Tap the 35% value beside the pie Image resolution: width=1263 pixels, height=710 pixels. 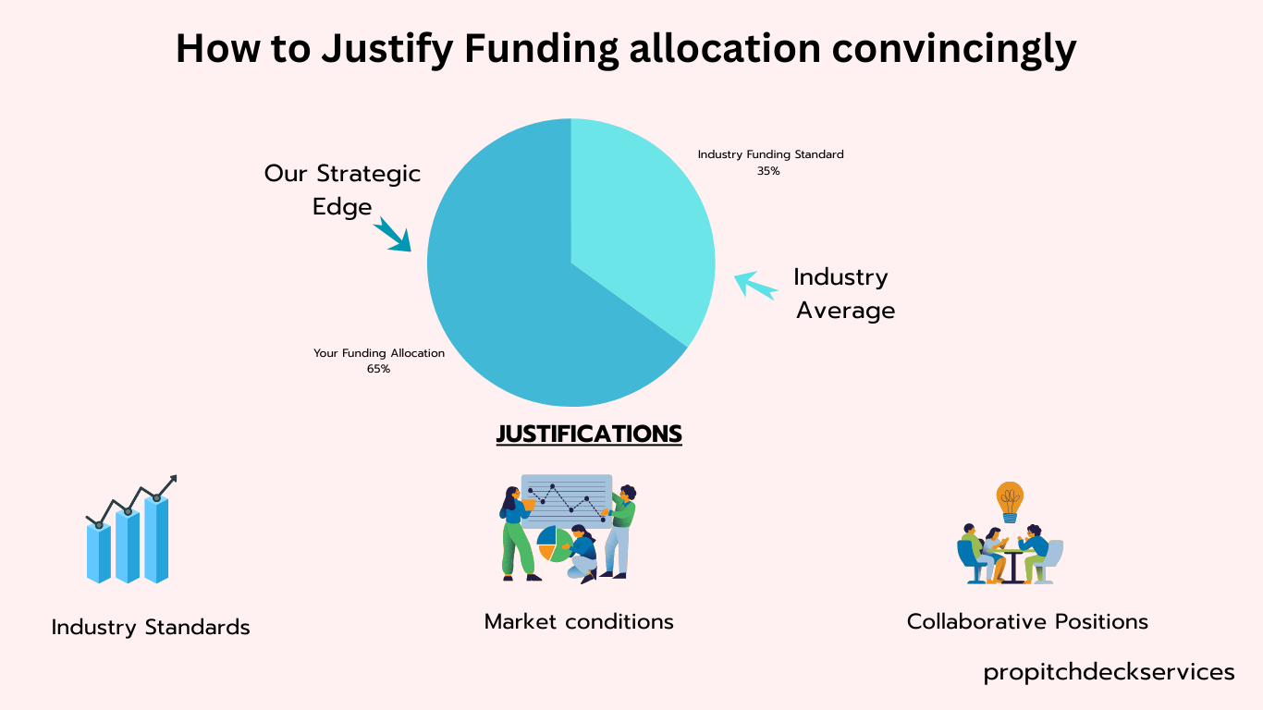(x=768, y=171)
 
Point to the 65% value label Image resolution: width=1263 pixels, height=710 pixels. (x=378, y=369)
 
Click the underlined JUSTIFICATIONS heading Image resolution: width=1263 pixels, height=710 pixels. (x=589, y=434)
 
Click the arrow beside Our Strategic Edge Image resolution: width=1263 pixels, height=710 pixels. (x=392, y=234)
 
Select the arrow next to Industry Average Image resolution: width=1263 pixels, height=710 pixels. (x=755, y=284)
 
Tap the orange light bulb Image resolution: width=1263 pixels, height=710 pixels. (x=1010, y=502)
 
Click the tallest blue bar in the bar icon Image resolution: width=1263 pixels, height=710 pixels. (x=156, y=539)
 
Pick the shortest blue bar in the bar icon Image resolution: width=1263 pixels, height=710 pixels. (x=99, y=553)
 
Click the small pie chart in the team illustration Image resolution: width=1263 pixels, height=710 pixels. (x=554, y=545)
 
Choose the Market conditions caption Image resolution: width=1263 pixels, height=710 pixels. (x=579, y=621)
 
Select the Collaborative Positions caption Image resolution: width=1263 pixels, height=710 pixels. (x=1027, y=621)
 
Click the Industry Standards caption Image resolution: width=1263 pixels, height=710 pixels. (x=151, y=627)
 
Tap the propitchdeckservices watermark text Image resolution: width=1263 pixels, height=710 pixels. (x=1110, y=672)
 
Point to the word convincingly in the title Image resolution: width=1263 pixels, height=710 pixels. (x=954, y=49)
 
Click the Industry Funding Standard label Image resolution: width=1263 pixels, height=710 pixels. (x=771, y=154)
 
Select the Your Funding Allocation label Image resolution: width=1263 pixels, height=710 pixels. (x=379, y=353)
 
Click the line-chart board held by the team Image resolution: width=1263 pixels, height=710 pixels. (x=567, y=501)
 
